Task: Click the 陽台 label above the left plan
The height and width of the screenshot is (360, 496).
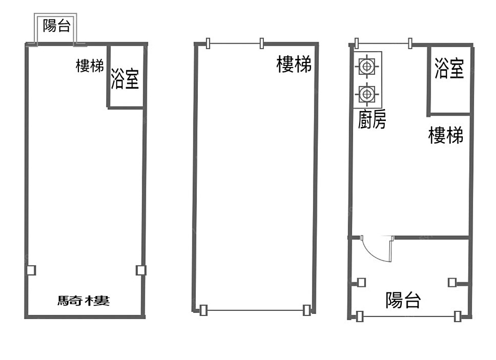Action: pyautogui.click(x=57, y=25)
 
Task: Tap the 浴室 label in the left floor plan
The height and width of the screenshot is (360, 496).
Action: pyautogui.click(x=124, y=78)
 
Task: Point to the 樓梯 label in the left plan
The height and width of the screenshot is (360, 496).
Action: pyautogui.click(x=90, y=66)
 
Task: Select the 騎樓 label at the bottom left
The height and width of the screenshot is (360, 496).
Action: pyautogui.click(x=83, y=300)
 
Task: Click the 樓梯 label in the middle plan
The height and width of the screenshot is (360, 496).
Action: pyautogui.click(x=294, y=64)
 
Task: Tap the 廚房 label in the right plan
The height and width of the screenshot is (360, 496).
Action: pyautogui.click(x=372, y=120)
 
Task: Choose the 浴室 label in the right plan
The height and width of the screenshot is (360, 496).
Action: pyautogui.click(x=449, y=68)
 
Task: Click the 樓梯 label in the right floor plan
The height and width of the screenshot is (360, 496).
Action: pyautogui.click(x=446, y=135)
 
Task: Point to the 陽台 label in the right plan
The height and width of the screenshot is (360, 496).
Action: pyautogui.click(x=403, y=300)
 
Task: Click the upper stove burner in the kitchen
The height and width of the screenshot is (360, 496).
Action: pyautogui.click(x=367, y=66)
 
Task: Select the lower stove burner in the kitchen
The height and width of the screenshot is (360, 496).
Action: pyautogui.click(x=367, y=94)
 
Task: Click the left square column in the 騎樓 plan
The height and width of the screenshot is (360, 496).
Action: pyautogui.click(x=31, y=270)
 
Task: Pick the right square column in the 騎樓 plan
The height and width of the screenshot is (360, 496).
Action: pyautogui.click(x=141, y=270)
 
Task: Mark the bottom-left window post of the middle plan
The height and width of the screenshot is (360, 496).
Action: pyautogui.click(x=203, y=310)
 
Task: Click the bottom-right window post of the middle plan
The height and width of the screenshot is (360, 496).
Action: pyautogui.click(x=306, y=310)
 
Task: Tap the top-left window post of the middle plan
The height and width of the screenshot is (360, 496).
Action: pyautogui.click(x=208, y=43)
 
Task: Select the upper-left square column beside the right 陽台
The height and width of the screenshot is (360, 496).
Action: pyautogui.click(x=361, y=282)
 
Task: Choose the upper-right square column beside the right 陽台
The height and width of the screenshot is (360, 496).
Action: pyautogui.click(x=452, y=282)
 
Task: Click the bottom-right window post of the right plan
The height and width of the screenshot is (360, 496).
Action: pyautogui.click(x=457, y=316)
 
